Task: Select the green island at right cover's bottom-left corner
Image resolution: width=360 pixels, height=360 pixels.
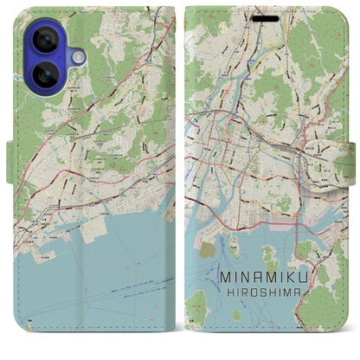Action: point(198,303)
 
